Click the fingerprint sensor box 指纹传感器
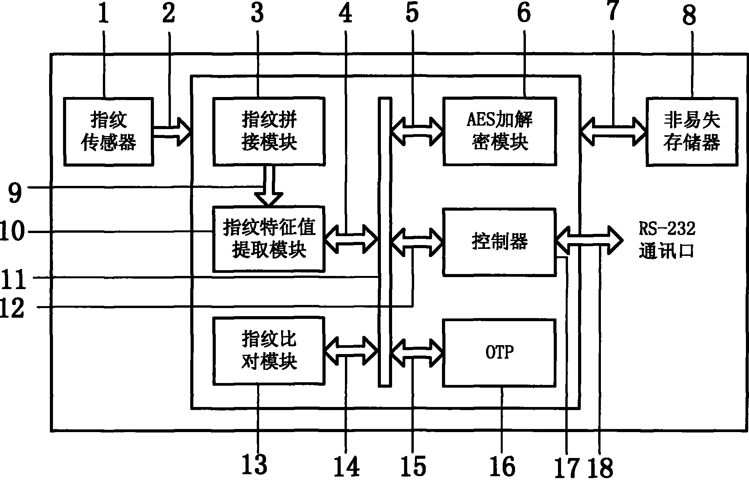click(x=108, y=131)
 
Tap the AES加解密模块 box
click(x=500, y=131)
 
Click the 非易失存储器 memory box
click(x=692, y=131)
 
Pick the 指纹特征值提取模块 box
click(x=269, y=239)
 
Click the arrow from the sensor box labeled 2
click(x=172, y=132)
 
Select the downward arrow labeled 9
click(x=270, y=186)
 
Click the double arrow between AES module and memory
click(x=613, y=132)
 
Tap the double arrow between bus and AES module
click(x=417, y=132)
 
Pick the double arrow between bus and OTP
click(x=417, y=352)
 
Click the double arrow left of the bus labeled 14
click(x=351, y=351)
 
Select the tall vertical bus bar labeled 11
click(x=384, y=242)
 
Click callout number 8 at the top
click(x=689, y=15)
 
